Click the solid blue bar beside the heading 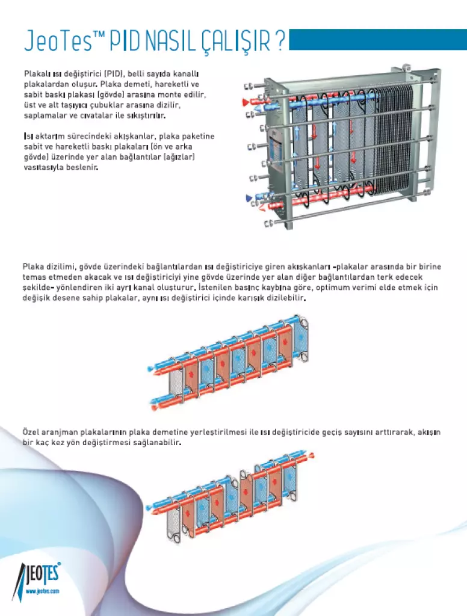(x=378, y=40)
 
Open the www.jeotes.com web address (x=42, y=591)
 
